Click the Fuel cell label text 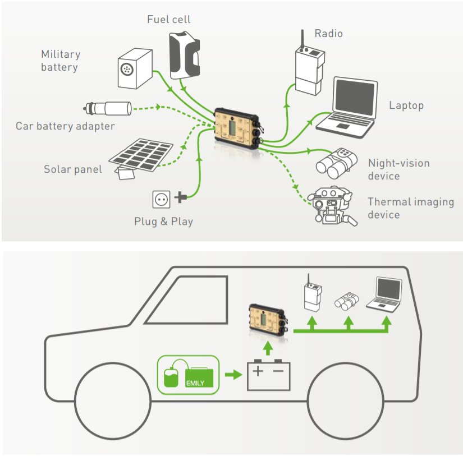[x=168, y=20]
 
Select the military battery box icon [x=135, y=68]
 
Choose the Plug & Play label [x=163, y=221]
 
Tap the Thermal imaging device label [x=410, y=208]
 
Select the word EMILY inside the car [x=198, y=383]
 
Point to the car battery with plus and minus [x=269, y=375]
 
